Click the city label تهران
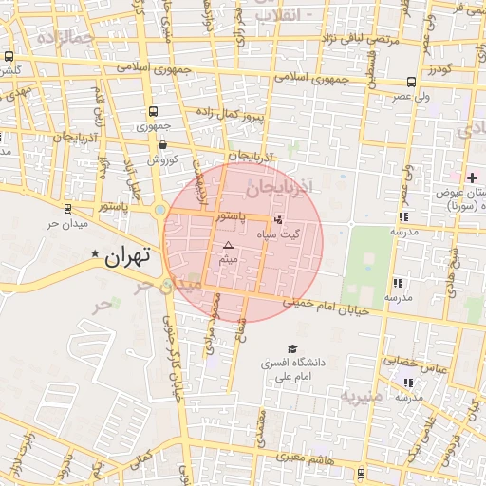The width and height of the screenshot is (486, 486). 128,255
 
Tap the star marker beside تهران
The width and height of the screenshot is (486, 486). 95,255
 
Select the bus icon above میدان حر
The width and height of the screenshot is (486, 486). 66,209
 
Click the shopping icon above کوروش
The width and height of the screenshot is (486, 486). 163,145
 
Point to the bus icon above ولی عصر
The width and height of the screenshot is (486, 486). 410,82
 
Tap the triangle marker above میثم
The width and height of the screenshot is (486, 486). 227,246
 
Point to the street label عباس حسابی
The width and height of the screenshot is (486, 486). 413,362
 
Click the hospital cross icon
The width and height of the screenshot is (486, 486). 472,178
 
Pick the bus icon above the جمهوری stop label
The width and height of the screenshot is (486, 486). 155,111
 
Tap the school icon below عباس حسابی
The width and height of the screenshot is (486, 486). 408,383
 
